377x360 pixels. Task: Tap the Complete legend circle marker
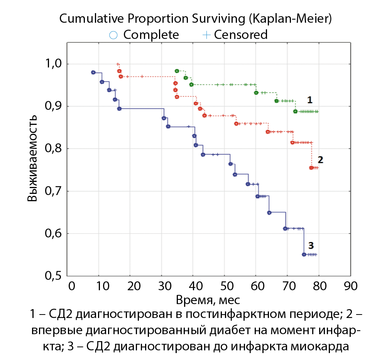click(113, 35)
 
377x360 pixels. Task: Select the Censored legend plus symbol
click(207, 35)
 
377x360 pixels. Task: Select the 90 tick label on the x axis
click(350, 286)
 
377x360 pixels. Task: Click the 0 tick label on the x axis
click(71, 286)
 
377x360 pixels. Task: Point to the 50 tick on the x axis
click(225, 286)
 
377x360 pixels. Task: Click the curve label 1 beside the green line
click(309, 100)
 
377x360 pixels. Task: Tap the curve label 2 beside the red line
click(320, 159)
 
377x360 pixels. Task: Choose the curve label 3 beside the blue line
click(311, 245)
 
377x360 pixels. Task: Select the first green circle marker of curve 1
click(177, 71)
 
